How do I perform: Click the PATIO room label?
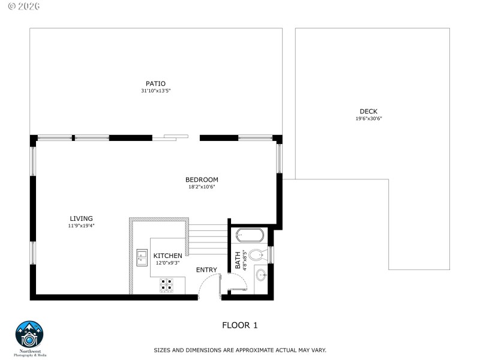coord(155,83)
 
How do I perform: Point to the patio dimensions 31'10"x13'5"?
coord(155,91)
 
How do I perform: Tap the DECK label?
coord(368,111)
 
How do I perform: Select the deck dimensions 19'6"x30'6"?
coord(368,118)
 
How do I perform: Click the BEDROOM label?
coord(202,179)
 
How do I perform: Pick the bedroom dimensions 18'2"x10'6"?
coord(202,187)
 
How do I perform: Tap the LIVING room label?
coord(81,218)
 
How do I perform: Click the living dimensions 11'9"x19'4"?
coord(81,226)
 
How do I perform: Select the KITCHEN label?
coord(167,256)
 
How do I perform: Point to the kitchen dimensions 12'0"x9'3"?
coord(167,263)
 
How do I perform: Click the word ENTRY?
coord(206,270)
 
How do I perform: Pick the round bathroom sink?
coord(262,276)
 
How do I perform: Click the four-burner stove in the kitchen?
coord(167,285)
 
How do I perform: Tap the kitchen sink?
coord(142,257)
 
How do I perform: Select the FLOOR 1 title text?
coord(239,326)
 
